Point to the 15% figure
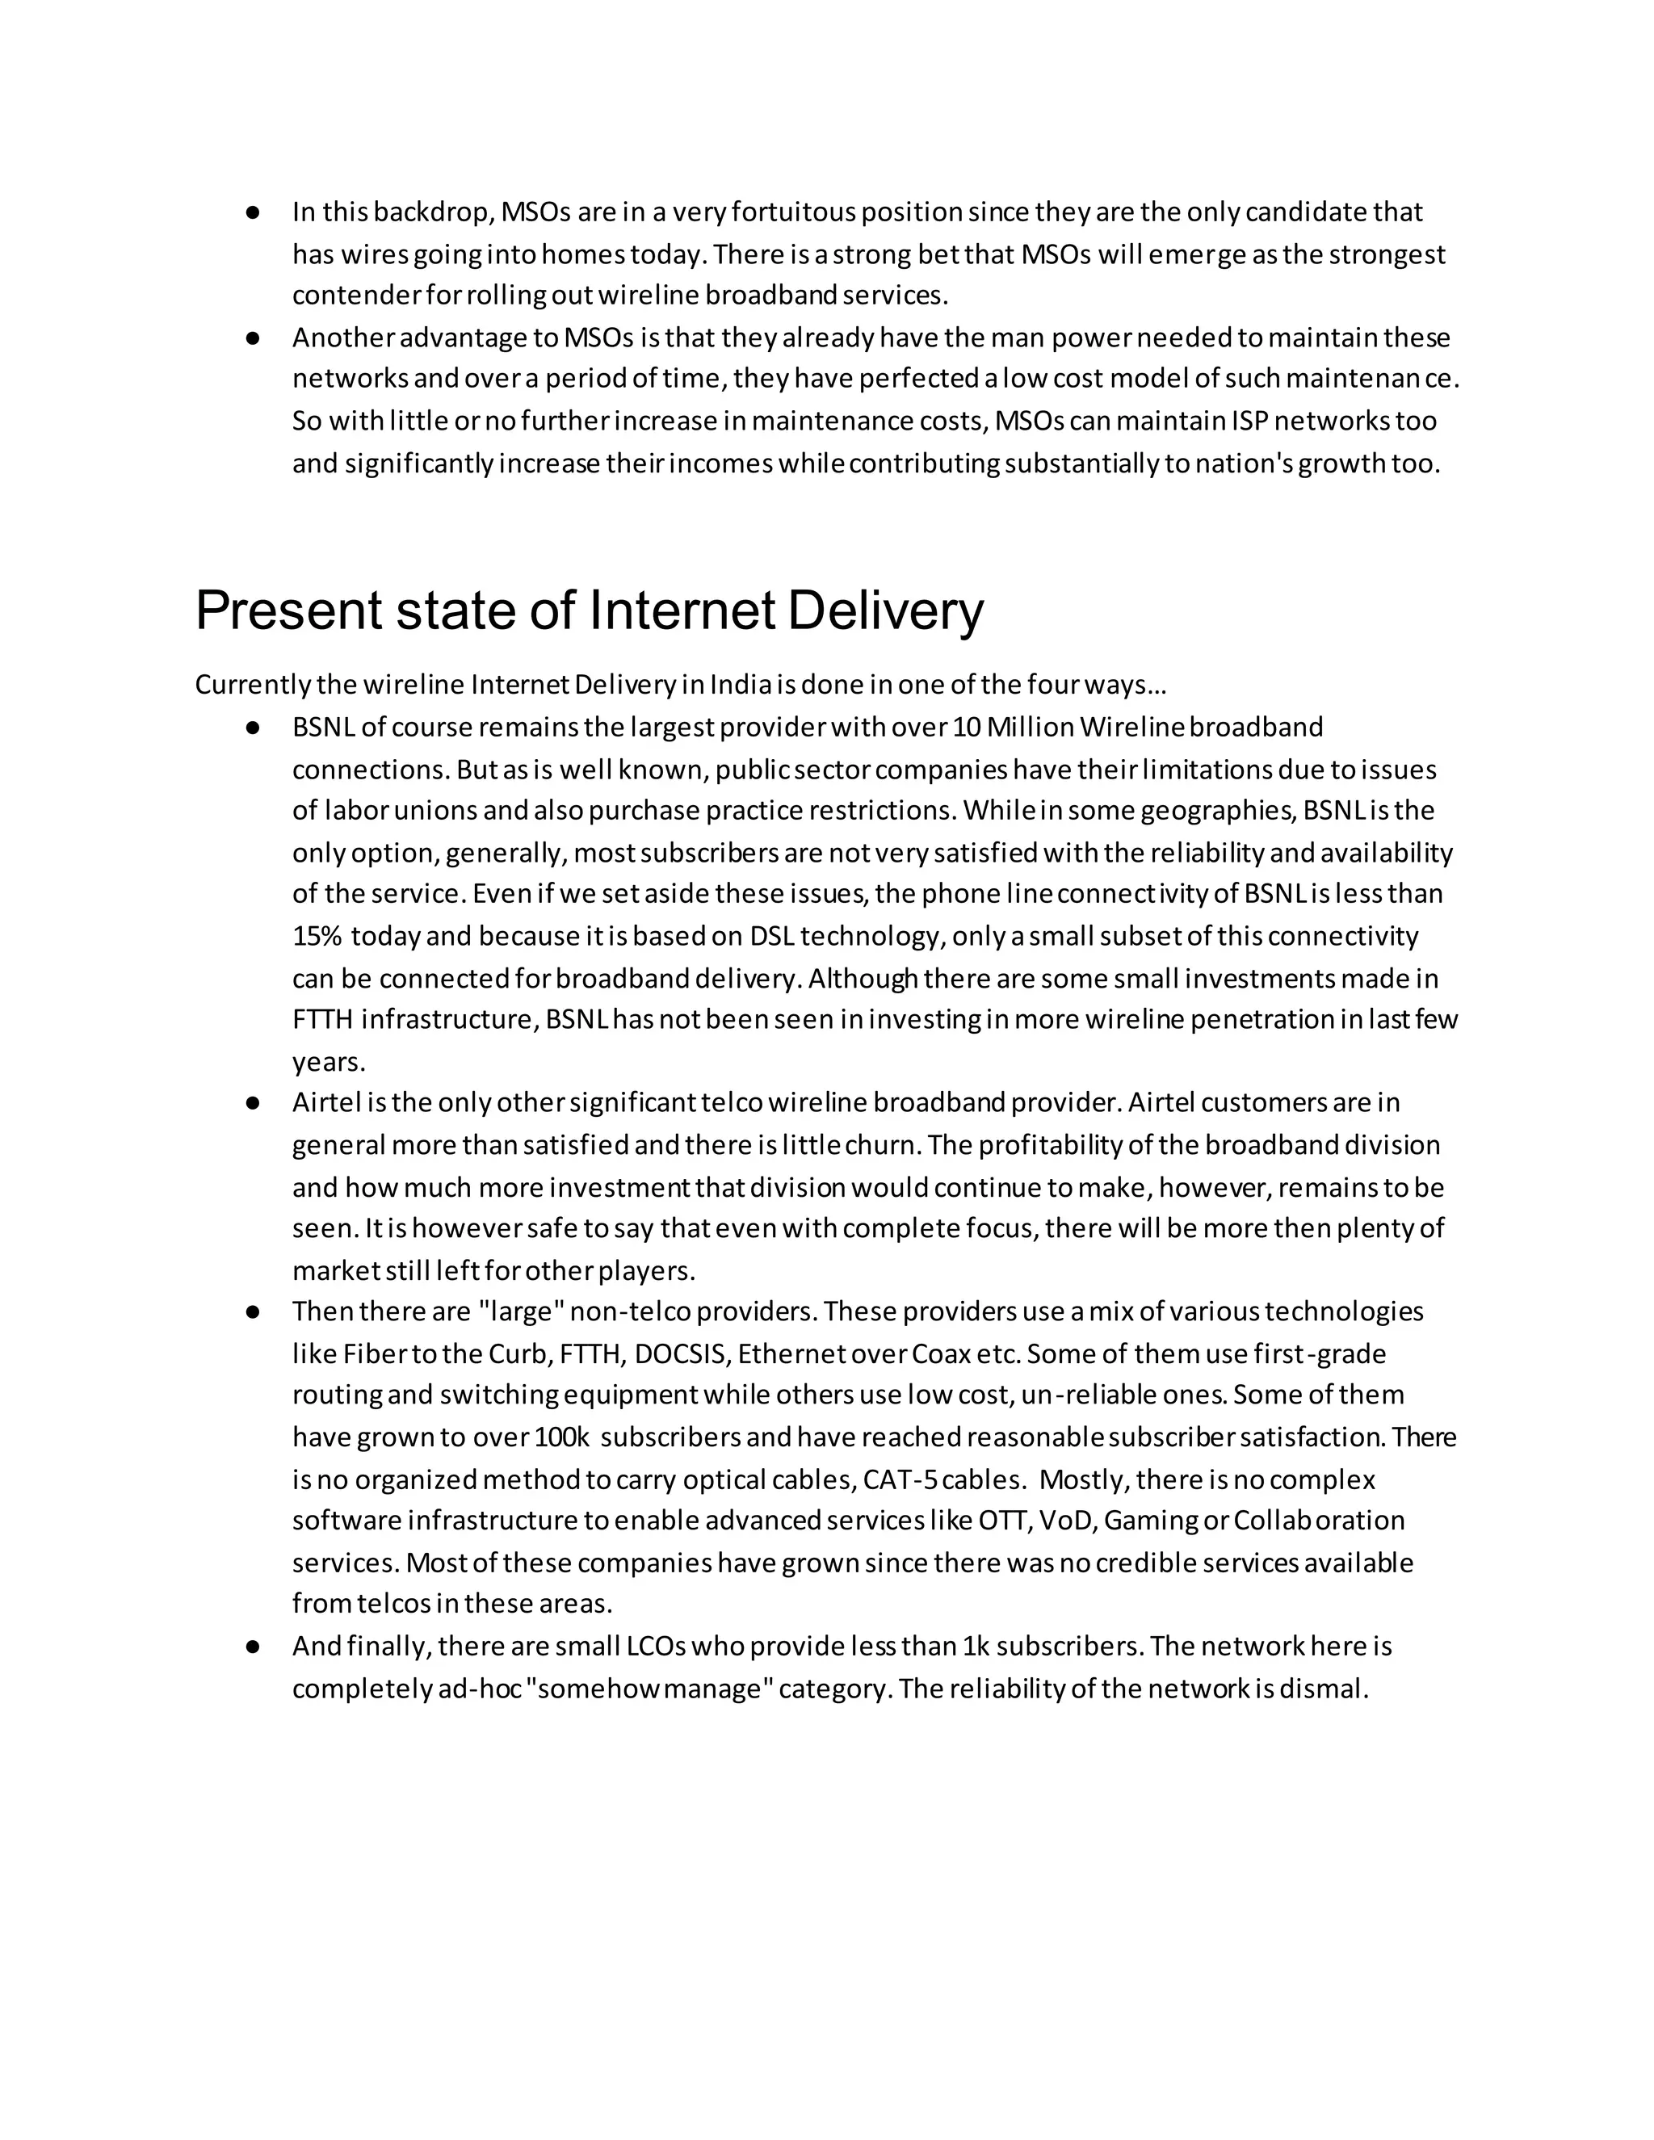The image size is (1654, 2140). (317, 936)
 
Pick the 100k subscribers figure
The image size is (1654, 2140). (561, 1437)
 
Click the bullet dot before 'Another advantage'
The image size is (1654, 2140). (253, 338)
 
